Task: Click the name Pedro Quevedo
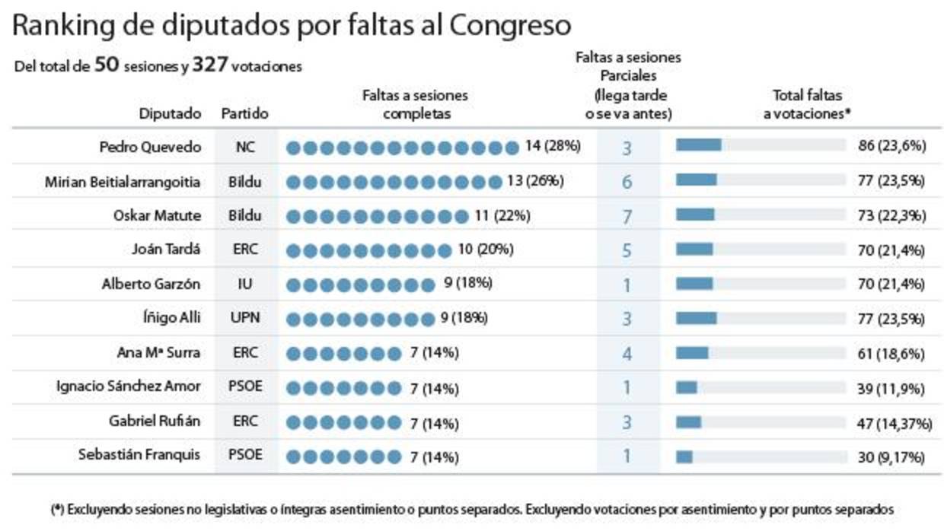[x=150, y=147]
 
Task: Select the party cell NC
[x=245, y=147]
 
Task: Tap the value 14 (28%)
[x=553, y=146]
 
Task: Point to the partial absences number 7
[x=627, y=217]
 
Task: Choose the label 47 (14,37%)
[x=895, y=423]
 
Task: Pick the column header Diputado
[x=170, y=114]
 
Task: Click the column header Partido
[x=244, y=114]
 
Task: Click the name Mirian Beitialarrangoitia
[x=123, y=182]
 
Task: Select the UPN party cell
[x=245, y=318]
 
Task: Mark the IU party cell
[x=245, y=285]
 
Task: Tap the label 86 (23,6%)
[x=891, y=147]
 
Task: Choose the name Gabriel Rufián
[x=155, y=421]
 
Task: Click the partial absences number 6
[x=627, y=183]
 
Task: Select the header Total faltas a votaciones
[x=807, y=105]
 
